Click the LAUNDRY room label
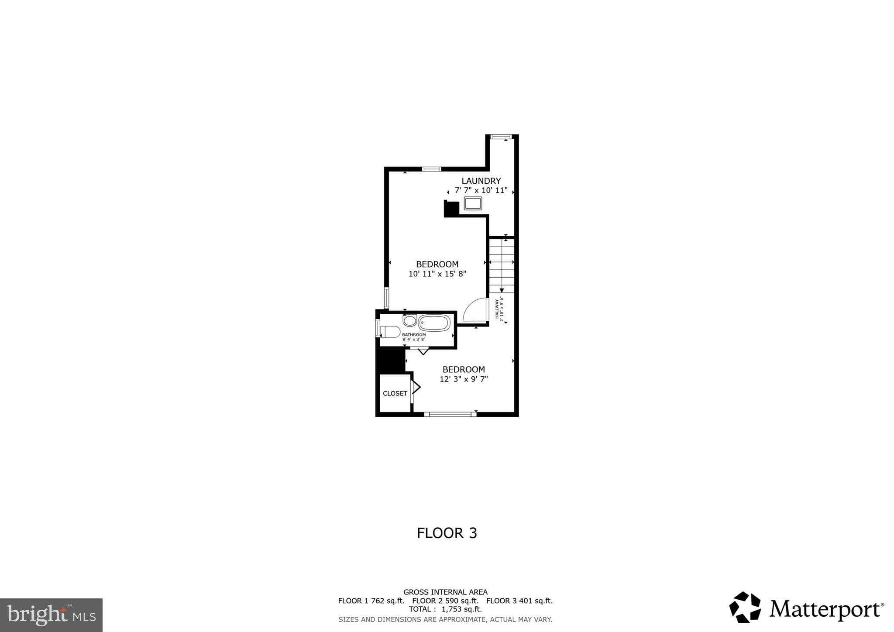pos(481,181)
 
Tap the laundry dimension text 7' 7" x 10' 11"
pos(481,190)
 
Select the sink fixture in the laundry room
pos(473,203)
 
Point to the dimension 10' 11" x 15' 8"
pos(437,274)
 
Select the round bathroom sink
pos(409,321)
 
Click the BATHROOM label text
pos(414,335)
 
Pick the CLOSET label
pos(395,393)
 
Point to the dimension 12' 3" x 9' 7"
pos(464,379)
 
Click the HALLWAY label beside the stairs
pos(497,308)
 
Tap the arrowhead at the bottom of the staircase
pos(502,290)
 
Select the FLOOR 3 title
pos(447,533)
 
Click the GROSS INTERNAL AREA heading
pos(445,592)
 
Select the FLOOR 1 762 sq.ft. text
pos(371,601)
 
